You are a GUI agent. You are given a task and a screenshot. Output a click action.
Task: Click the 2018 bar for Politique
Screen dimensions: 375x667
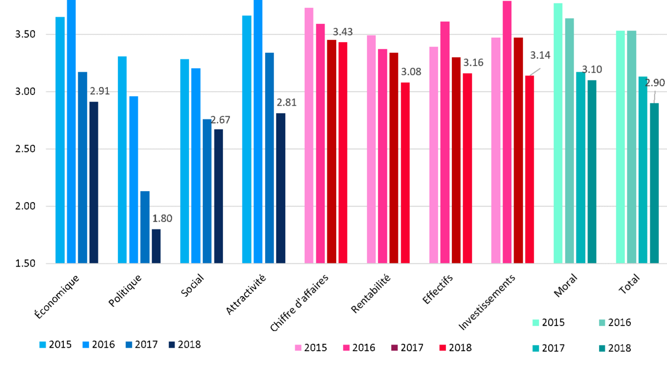point(156,246)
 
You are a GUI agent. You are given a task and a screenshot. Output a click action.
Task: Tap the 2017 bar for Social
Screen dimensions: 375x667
point(207,191)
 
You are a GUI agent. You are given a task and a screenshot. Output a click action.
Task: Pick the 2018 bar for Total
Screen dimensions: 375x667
point(654,183)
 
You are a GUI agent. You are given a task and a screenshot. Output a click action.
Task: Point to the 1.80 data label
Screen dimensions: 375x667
point(162,218)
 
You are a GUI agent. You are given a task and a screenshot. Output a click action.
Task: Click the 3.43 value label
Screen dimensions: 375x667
point(343,32)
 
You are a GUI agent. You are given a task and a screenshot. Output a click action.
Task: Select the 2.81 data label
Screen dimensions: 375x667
point(286,103)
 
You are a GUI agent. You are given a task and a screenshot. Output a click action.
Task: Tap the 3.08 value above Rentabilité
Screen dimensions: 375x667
point(411,72)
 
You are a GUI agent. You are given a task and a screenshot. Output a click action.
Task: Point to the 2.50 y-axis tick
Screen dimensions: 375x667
point(24,149)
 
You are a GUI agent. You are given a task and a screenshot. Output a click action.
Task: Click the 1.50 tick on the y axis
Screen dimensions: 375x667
point(24,263)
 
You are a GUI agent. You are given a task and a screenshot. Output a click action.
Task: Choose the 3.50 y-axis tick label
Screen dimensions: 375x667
point(24,34)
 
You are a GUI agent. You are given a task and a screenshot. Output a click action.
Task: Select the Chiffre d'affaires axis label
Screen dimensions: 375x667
point(300,303)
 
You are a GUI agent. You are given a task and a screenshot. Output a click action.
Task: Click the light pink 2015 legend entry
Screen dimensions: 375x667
point(310,348)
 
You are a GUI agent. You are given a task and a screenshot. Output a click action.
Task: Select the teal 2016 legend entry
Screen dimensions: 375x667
point(613,322)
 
